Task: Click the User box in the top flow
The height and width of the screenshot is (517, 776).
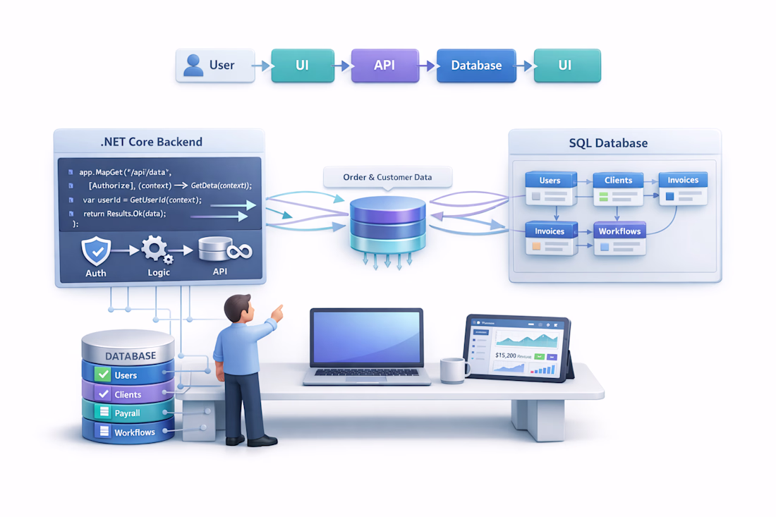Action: coord(214,66)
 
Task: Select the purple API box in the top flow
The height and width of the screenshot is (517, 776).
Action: coord(384,66)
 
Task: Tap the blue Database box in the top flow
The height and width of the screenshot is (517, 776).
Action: coord(476,66)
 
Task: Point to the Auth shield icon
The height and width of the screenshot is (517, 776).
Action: coord(96,251)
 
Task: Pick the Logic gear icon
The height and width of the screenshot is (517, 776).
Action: coord(156,250)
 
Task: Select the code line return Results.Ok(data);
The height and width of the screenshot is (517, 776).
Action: coord(125,214)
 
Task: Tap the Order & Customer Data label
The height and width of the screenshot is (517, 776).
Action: coord(387,177)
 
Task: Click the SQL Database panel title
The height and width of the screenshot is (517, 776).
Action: coord(608,143)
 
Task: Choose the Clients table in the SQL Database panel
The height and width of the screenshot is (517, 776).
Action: coord(618,188)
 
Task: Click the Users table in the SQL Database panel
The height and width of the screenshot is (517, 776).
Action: coord(550,188)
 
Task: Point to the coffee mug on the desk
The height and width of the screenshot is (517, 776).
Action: coord(454,370)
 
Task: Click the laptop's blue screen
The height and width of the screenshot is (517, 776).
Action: coord(366,339)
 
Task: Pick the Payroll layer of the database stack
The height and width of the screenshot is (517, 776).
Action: coord(128,413)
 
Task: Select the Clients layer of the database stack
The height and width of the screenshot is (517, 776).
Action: coord(128,394)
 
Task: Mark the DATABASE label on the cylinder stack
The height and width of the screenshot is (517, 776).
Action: coord(130,356)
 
